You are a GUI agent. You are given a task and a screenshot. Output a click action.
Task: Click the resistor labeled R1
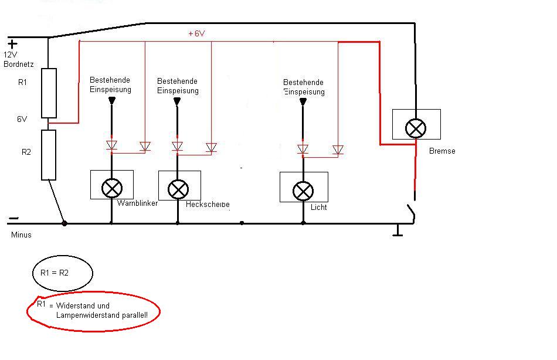coord(49,93)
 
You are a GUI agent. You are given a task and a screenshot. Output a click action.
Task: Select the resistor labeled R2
coord(49,155)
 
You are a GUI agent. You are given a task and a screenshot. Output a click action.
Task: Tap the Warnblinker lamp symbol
coord(111,188)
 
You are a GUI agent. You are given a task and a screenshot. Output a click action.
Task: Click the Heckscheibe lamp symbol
coord(178,189)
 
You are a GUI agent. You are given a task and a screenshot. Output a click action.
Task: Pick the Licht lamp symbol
coord(303,191)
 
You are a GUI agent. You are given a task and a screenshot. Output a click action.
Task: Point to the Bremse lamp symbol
coord(416,128)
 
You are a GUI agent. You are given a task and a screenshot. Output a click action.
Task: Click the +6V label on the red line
coord(196,34)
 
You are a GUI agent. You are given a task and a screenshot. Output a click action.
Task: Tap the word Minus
coord(21,235)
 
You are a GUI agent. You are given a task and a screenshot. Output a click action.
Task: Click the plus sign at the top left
coord(12,43)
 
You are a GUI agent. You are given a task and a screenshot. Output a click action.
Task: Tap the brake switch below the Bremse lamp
coord(413,212)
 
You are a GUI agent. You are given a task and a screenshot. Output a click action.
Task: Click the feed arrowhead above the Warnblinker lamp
coord(111,101)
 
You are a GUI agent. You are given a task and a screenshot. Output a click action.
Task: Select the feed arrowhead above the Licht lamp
coord(303,102)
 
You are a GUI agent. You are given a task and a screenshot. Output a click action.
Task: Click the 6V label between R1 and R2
coord(22,119)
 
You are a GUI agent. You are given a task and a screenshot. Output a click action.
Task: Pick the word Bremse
coord(442,151)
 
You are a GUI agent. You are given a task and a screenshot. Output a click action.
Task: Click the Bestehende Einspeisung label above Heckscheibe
coord(178,86)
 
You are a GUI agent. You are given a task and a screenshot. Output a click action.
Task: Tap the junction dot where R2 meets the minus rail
coord(64,223)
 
